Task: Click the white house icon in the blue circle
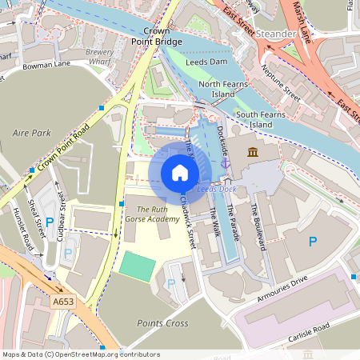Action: pos(180,172)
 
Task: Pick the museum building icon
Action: pos(253,152)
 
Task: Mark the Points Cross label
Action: pos(162,323)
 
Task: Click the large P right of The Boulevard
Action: pos(314,241)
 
